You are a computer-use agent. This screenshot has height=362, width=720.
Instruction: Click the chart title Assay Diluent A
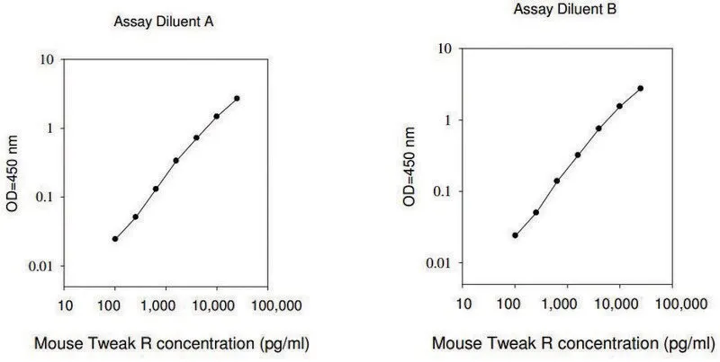coord(164,22)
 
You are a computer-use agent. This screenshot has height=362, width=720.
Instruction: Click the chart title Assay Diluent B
coord(565,9)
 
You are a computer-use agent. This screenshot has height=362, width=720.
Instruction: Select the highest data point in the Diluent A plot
coord(237,98)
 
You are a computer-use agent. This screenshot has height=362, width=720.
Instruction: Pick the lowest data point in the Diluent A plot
coord(115,239)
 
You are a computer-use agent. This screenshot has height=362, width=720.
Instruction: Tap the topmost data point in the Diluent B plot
coord(640,88)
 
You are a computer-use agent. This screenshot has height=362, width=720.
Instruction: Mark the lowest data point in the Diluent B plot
coord(515,235)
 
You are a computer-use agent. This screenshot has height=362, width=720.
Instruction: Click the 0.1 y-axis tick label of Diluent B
coord(443,191)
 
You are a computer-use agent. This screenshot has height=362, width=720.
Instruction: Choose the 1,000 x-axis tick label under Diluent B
coord(567,304)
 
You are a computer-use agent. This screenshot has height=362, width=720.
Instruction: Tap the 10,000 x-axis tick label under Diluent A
coord(216,305)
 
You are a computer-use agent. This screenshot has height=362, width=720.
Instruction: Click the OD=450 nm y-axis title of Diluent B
coord(409,166)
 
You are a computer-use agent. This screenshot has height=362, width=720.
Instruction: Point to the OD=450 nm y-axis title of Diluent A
coord(12,172)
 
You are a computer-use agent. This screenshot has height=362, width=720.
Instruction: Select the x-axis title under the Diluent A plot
coord(172,343)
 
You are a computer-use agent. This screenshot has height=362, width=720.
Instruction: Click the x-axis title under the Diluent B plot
coord(573,343)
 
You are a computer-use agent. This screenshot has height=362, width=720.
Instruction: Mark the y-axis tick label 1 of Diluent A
coord(51,128)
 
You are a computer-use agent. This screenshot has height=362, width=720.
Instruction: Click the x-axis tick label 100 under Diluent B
coord(515,304)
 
